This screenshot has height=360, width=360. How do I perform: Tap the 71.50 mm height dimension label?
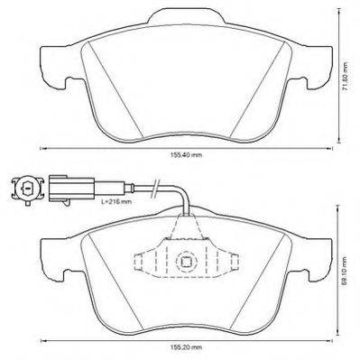(x=346, y=77)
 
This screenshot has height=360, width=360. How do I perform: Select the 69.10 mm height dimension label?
(x=346, y=271)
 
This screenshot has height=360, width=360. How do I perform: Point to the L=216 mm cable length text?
(x=116, y=201)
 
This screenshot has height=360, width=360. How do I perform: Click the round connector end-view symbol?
(x=27, y=189)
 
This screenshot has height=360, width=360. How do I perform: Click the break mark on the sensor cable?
(x=155, y=189)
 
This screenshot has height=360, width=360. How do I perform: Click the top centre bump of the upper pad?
(x=186, y=15)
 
